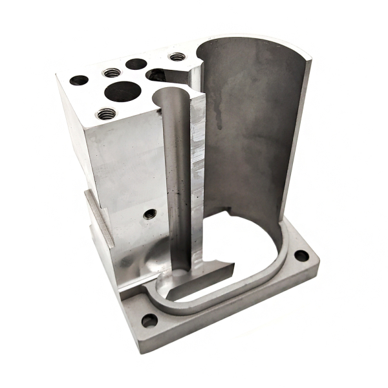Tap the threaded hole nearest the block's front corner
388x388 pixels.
[107, 114]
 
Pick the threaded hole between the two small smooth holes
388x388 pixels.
[111, 72]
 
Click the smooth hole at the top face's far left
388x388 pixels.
[79, 81]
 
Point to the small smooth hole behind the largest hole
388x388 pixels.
[136, 63]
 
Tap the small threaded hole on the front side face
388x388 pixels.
[150, 213]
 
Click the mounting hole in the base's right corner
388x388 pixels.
[301, 255]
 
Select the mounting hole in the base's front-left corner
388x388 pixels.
[149, 320]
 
